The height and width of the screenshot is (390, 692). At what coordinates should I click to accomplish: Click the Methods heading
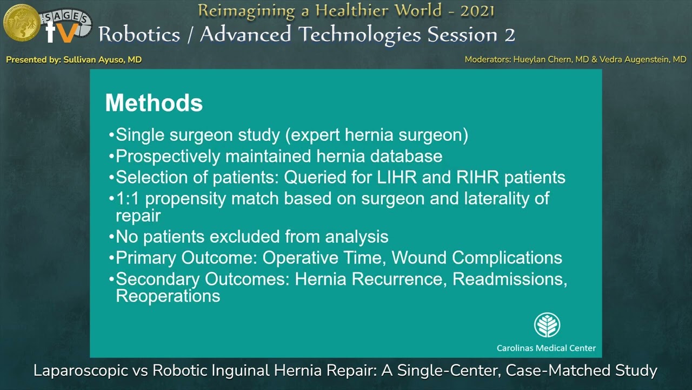[154, 103]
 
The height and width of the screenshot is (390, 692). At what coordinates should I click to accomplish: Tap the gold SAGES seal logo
[22, 22]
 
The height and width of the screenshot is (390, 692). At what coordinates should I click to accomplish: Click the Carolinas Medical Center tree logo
[547, 325]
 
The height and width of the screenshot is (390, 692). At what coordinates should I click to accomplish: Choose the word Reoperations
[168, 296]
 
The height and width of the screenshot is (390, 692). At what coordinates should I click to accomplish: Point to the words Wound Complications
[476, 257]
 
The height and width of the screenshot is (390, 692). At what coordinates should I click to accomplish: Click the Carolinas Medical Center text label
[546, 348]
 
